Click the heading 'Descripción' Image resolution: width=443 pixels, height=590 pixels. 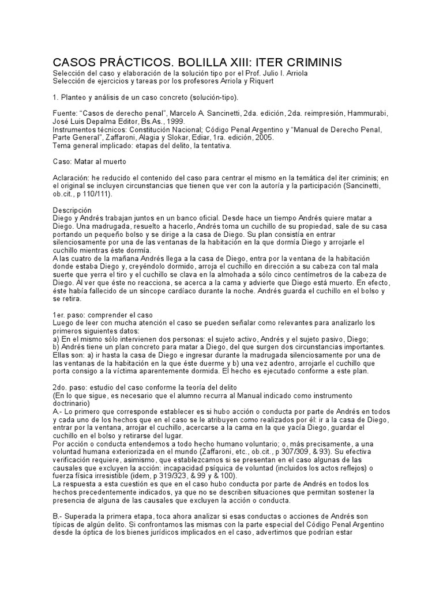point(72,211)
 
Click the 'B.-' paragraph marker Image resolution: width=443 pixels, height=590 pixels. point(58,517)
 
